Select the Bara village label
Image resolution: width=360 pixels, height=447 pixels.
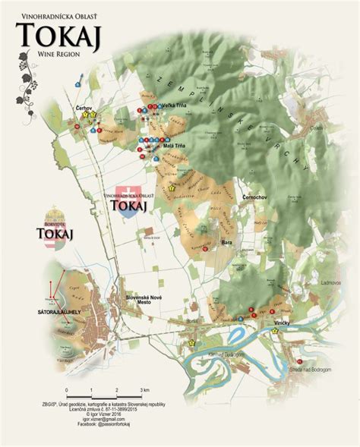(226, 242)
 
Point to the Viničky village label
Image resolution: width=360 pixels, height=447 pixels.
(284, 323)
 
